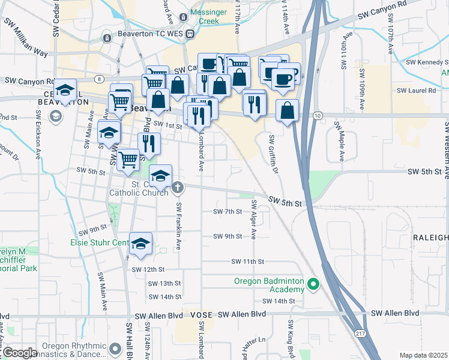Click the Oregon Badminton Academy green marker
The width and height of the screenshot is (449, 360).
[x=312, y=284]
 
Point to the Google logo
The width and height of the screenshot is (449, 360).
[x=20, y=353]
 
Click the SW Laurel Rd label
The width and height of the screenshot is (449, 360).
[x=416, y=91]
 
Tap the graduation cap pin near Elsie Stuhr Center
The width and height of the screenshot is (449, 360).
[x=140, y=244]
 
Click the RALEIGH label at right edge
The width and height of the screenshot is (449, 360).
[x=430, y=238]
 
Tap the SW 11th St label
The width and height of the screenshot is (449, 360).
[x=248, y=262]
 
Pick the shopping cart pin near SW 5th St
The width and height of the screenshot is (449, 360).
[x=128, y=160]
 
